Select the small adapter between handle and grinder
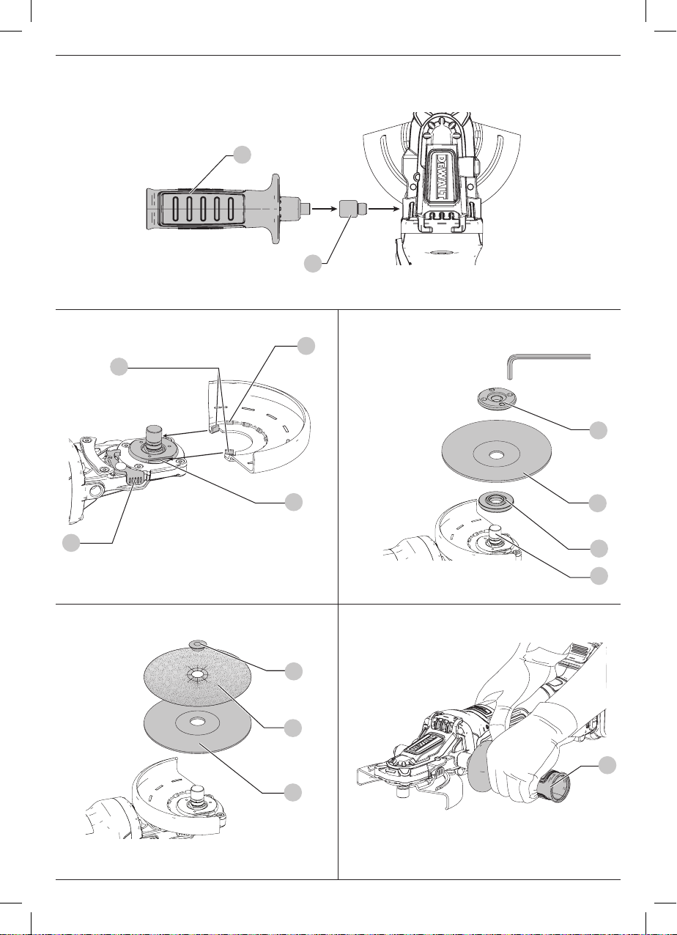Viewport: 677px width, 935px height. tap(352, 208)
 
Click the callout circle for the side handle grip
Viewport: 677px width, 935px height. tap(242, 155)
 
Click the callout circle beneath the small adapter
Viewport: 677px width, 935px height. tap(313, 264)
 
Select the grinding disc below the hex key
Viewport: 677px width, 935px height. tap(496, 454)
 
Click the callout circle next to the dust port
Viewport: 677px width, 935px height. tap(607, 766)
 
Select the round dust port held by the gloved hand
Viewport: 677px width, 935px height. tap(552, 786)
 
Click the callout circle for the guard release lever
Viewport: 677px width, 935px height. tap(71, 543)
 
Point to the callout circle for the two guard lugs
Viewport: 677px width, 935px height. tap(119, 366)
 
